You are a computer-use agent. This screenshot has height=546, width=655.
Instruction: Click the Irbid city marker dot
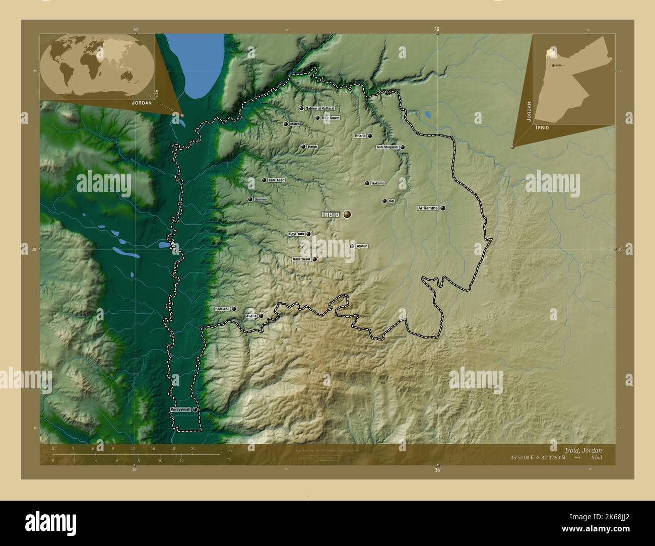tap(348, 215)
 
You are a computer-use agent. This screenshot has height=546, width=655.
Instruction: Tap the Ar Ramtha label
tap(428, 208)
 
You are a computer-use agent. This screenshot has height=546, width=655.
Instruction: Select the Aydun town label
tap(362, 246)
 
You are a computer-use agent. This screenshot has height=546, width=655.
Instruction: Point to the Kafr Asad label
tap(277, 180)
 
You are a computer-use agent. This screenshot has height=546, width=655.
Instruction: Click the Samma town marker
tap(250, 199)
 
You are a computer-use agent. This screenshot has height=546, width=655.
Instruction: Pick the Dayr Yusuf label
tap(301, 259)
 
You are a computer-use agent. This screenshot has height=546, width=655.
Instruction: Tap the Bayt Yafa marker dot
tap(308, 234)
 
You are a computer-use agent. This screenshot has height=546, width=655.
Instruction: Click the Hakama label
tap(378, 183)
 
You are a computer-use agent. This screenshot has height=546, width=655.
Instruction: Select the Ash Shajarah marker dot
tap(403, 148)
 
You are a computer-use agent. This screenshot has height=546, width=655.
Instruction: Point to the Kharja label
tap(360, 136)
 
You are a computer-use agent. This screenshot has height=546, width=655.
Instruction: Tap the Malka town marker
tap(286, 124)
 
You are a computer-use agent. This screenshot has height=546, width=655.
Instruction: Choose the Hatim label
tap(312, 147)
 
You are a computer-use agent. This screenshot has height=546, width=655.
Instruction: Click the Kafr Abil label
tap(222, 309)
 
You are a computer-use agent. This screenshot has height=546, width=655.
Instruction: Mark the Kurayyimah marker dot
tap(194, 410)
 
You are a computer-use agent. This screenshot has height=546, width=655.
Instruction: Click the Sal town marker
tap(384, 201)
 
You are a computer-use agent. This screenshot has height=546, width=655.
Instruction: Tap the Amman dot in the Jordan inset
tap(553, 65)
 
